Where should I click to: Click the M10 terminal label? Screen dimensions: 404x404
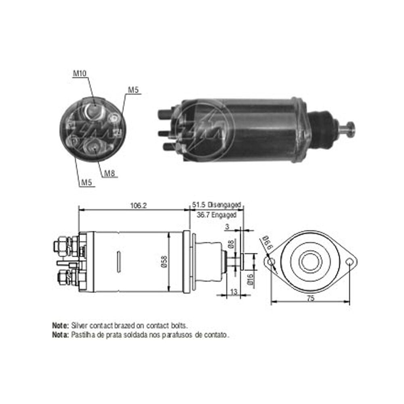click(80, 74)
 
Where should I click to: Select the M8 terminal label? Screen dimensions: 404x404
click(109, 173)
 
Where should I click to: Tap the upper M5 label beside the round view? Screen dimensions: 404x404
click(133, 90)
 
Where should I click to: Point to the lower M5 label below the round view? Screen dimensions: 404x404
click(86, 183)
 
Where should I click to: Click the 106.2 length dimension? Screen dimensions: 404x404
click(138, 206)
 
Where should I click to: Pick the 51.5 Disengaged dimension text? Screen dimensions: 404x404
click(217, 205)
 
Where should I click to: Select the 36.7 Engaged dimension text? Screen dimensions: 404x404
click(217, 215)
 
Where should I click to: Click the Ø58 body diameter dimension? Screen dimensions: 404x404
click(164, 261)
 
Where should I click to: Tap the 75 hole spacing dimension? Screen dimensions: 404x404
click(311, 299)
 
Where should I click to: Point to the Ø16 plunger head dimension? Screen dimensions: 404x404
click(250, 279)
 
